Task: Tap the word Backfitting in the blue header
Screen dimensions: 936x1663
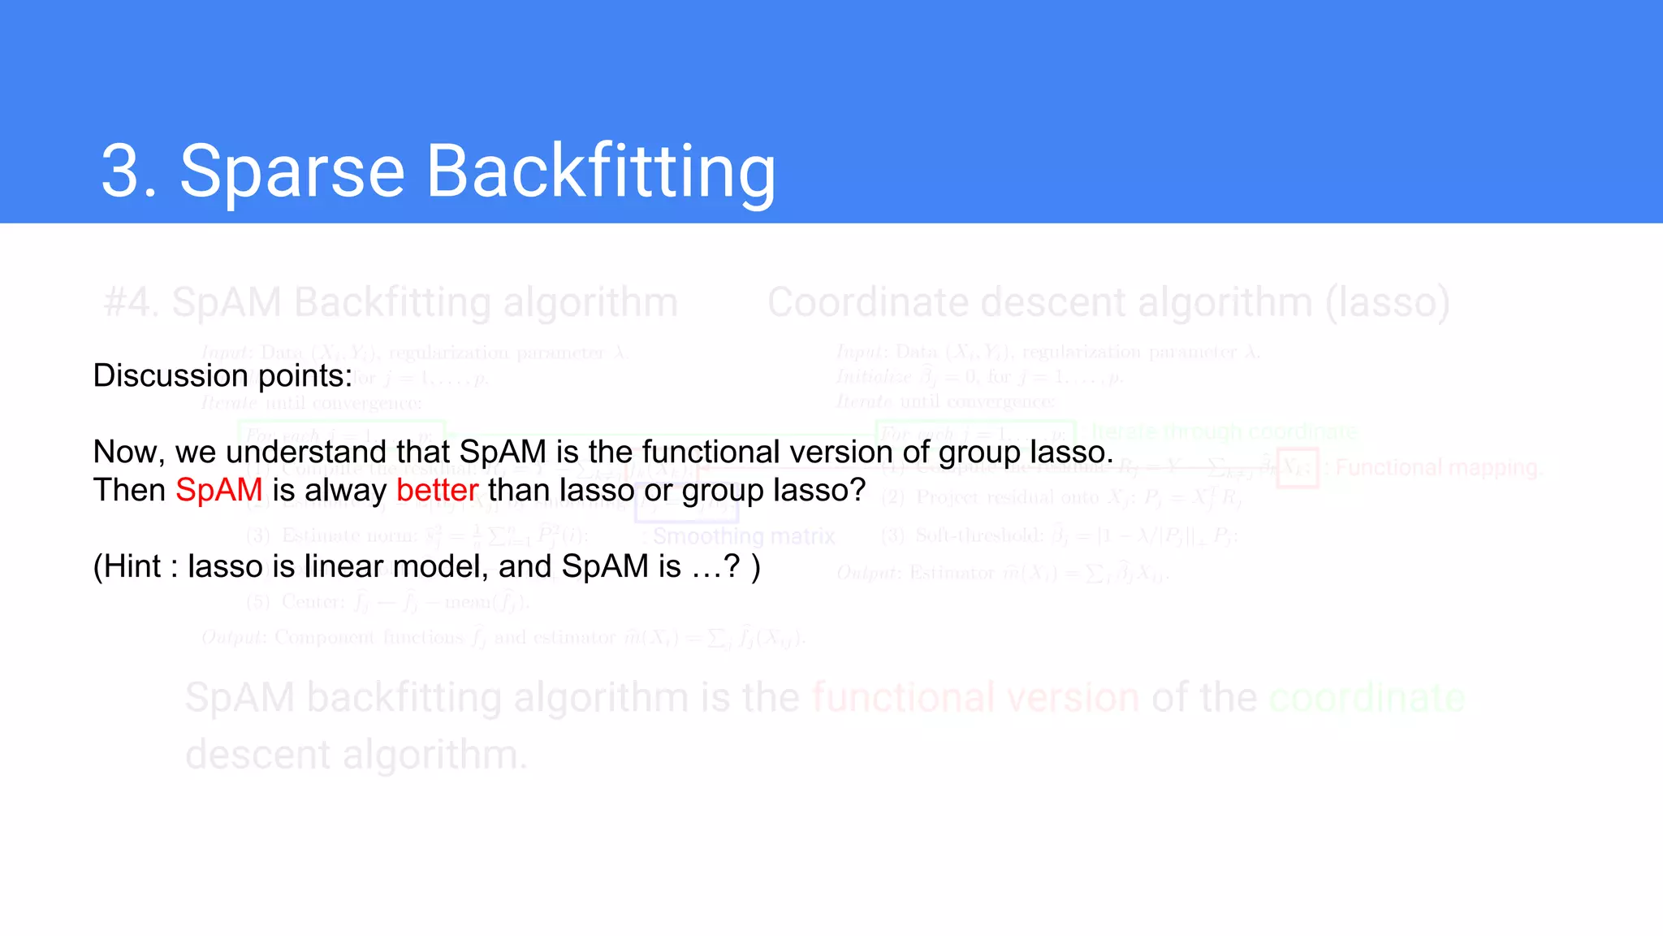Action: pyautogui.click(x=601, y=172)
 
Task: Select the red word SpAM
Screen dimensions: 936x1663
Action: pyautogui.click(x=218, y=491)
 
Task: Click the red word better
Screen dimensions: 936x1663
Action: pyautogui.click(x=437, y=491)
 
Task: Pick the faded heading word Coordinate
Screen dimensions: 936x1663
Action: pyautogui.click(x=867, y=303)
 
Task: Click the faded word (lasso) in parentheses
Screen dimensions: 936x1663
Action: pyautogui.click(x=1388, y=303)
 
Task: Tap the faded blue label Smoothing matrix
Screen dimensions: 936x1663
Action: pyautogui.click(x=743, y=537)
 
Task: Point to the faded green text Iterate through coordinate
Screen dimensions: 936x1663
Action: pyautogui.click(x=1224, y=431)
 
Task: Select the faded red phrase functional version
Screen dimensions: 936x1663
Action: pyautogui.click(x=975, y=698)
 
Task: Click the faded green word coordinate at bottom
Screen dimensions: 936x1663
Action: pyautogui.click(x=1367, y=698)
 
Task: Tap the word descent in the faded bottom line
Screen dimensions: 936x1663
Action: pyautogui.click(x=258, y=756)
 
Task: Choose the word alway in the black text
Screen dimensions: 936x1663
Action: pyautogui.click(x=346, y=491)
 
